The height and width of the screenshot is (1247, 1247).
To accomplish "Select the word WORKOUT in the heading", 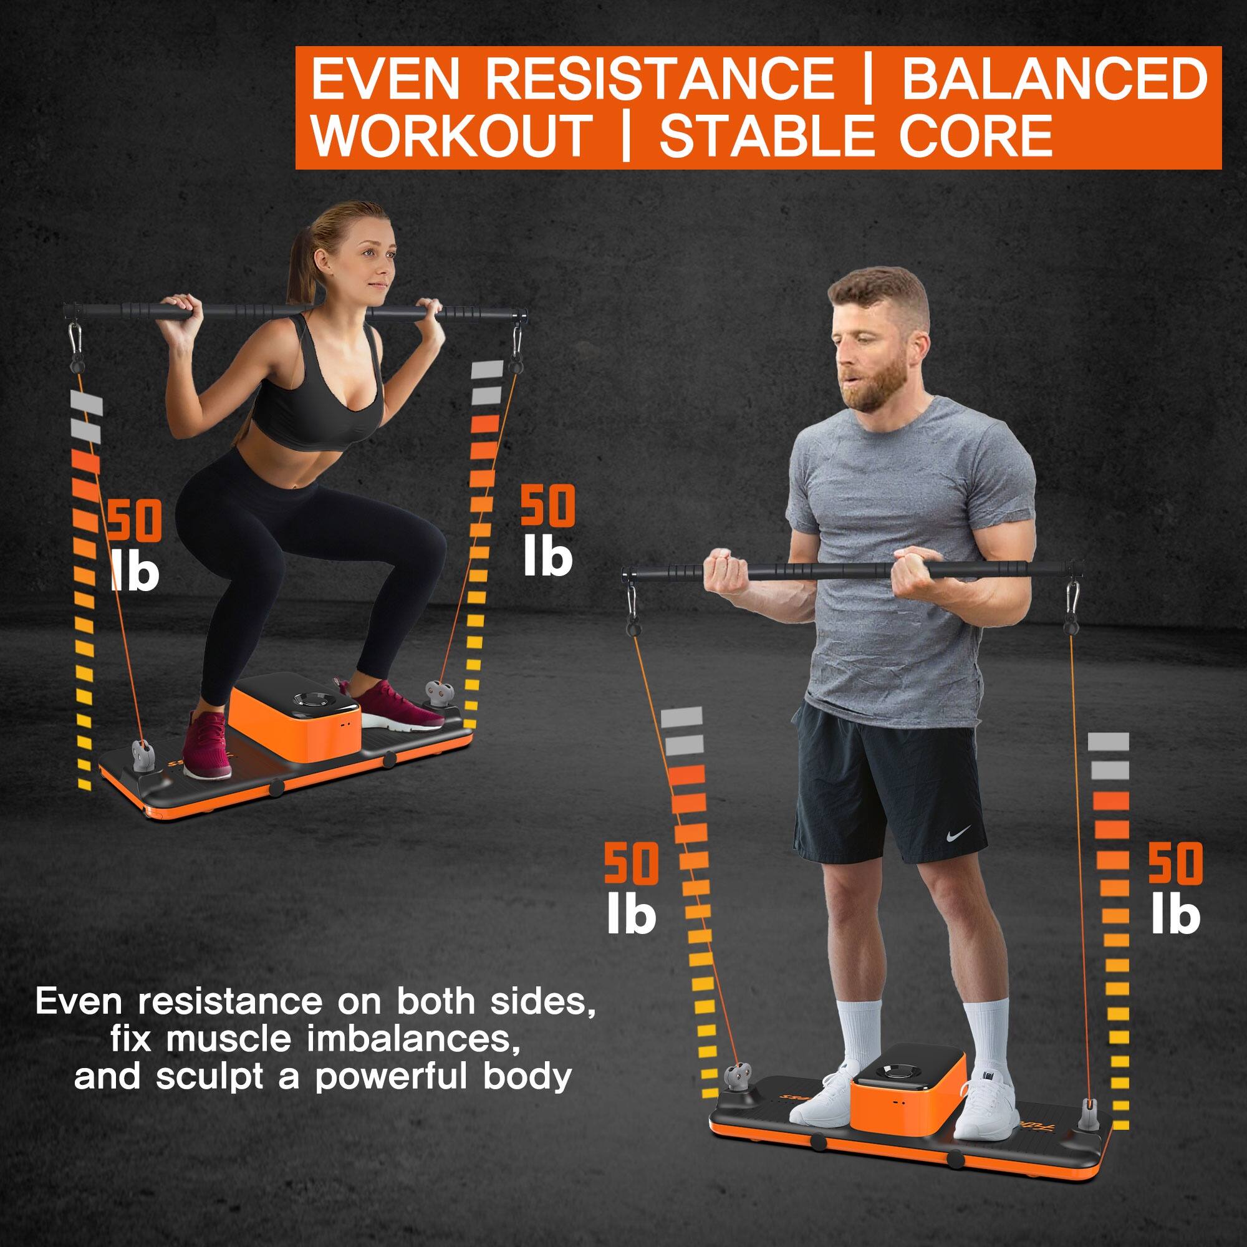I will [x=453, y=136].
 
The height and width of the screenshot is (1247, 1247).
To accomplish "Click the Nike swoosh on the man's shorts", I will [x=958, y=833].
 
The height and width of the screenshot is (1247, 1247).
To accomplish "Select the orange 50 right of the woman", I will [x=547, y=508].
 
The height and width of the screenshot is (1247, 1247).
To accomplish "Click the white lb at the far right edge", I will [x=1175, y=915].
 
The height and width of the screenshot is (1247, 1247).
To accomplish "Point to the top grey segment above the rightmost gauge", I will [x=1108, y=741].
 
